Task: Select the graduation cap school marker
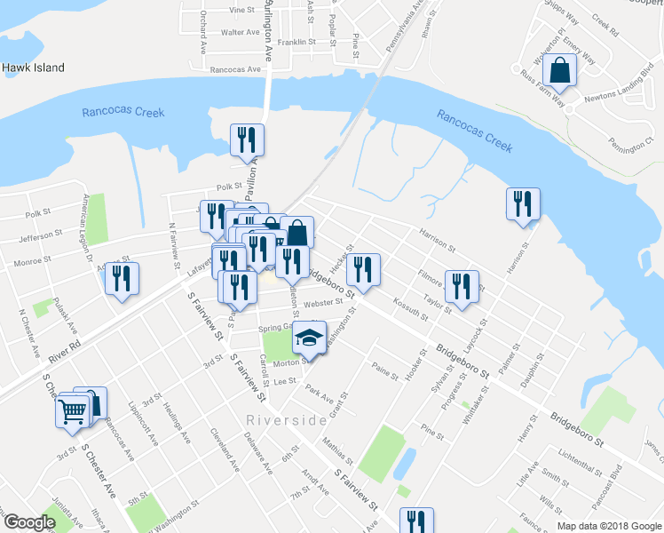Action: click(310, 338)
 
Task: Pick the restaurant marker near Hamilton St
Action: click(523, 203)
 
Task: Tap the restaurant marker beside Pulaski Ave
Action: click(122, 279)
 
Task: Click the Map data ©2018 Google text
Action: click(609, 526)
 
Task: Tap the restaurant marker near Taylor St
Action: click(461, 286)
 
